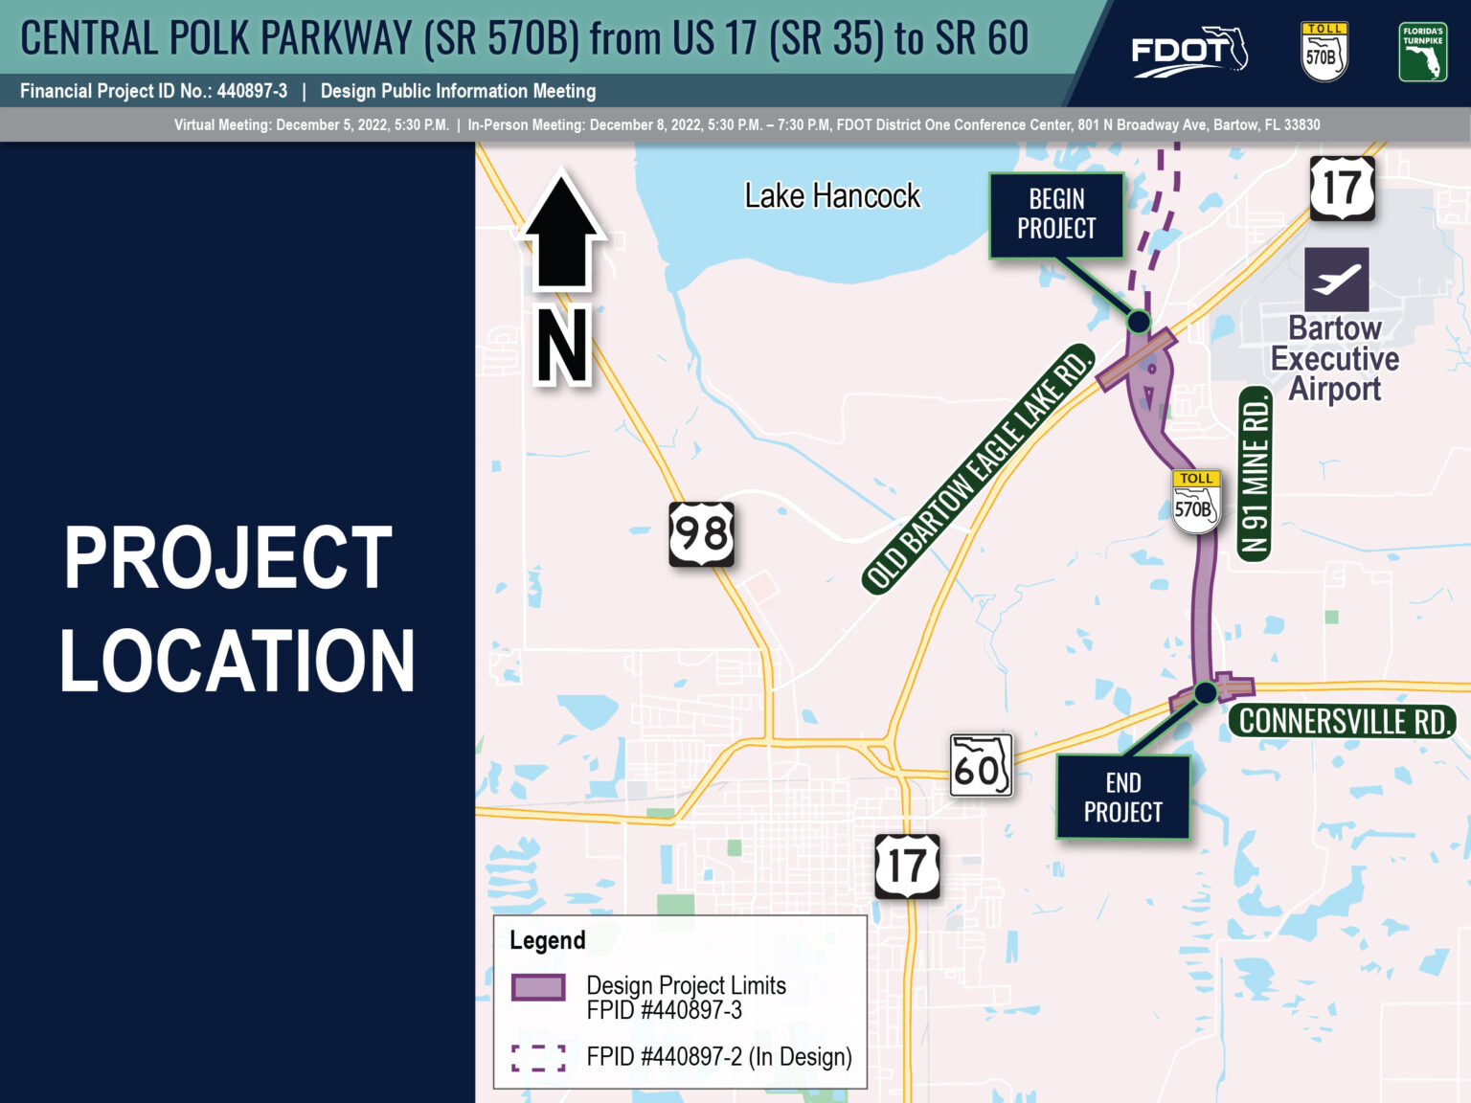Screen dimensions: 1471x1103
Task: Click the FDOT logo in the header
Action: tap(1189, 52)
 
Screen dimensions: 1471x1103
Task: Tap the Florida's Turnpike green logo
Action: tap(1423, 52)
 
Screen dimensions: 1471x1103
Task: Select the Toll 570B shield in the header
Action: tap(1324, 52)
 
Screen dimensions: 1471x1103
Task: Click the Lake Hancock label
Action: tap(832, 195)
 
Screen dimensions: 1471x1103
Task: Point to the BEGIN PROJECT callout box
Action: tap(1057, 215)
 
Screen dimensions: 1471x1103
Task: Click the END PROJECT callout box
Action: tap(1123, 797)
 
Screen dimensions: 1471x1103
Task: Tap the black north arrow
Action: tap(562, 229)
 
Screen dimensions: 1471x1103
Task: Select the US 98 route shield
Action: tap(702, 533)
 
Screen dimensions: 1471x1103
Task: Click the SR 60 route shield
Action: tap(981, 765)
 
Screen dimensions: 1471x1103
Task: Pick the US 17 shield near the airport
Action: tap(1343, 189)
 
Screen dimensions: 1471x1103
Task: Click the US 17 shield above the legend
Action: tap(907, 866)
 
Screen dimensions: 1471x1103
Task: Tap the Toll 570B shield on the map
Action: tap(1196, 501)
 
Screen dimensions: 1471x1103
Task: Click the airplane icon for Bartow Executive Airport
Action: tap(1336, 280)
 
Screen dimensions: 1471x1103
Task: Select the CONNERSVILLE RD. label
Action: tap(1343, 721)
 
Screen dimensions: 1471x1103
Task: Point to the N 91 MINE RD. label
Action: tap(1255, 474)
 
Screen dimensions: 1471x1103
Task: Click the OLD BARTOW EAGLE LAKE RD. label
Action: tap(979, 469)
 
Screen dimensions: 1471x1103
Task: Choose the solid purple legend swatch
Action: tap(538, 987)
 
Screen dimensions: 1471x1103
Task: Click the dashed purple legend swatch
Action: tap(538, 1058)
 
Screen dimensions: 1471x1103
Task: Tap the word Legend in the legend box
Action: tap(548, 940)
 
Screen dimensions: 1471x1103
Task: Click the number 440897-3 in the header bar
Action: tap(252, 91)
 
